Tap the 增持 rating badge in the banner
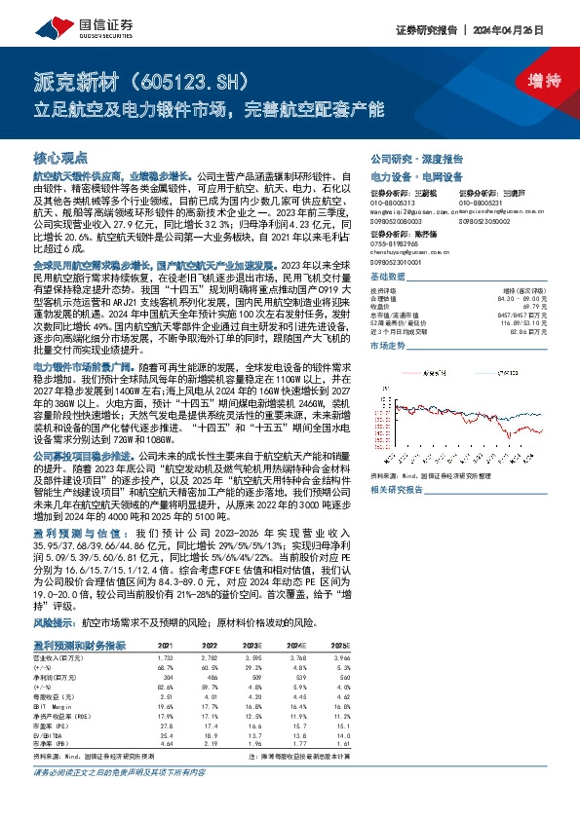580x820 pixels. click(530, 80)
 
